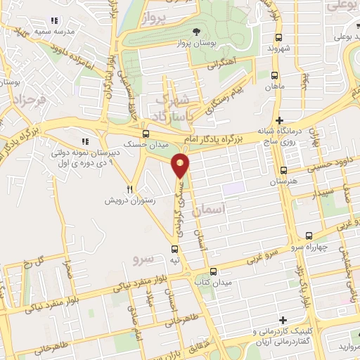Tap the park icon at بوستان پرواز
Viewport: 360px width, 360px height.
[196, 32]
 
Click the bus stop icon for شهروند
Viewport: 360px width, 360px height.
[279, 37]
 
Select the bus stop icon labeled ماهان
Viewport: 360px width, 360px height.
[274, 75]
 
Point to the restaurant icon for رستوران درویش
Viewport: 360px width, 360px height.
[129, 188]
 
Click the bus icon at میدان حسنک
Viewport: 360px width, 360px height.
[146, 134]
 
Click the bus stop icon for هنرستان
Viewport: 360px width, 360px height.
[283, 170]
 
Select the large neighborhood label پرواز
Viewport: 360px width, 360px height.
[156, 16]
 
